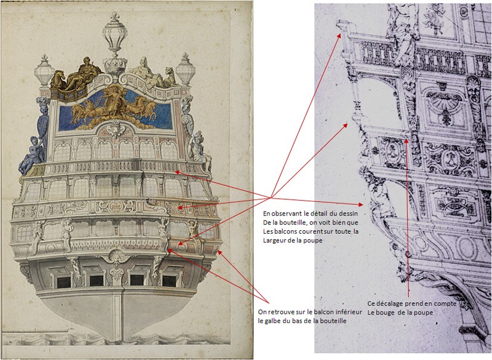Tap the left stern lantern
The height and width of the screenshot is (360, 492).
pos(44,71)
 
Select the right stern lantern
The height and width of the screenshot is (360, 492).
pos(186,69)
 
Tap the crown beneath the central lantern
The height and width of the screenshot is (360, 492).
pos(115,65)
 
